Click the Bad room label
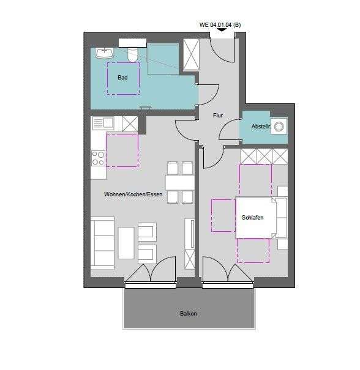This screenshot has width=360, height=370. pyautogui.click(x=122, y=77)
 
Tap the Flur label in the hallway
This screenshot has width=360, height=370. pyautogui.click(x=217, y=114)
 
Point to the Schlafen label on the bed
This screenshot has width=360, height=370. pyautogui.click(x=253, y=217)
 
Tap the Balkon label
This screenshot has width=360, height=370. pyautogui.click(x=189, y=314)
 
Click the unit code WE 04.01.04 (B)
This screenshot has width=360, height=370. pyautogui.click(x=220, y=25)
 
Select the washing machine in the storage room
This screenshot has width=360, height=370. pyautogui.click(x=279, y=127)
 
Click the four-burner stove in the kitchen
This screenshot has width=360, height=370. pyautogui.click(x=98, y=158)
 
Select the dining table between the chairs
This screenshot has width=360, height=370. pyautogui.click(x=180, y=182)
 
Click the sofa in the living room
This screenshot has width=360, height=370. pyautogui.click(x=102, y=243)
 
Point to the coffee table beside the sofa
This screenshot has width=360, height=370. pyautogui.click(x=126, y=242)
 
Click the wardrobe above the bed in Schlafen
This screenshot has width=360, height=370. pyautogui.click(x=264, y=156)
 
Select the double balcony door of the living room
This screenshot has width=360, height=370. pyautogui.click(x=151, y=272)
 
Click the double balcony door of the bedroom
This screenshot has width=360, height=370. pyautogui.click(x=228, y=272)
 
